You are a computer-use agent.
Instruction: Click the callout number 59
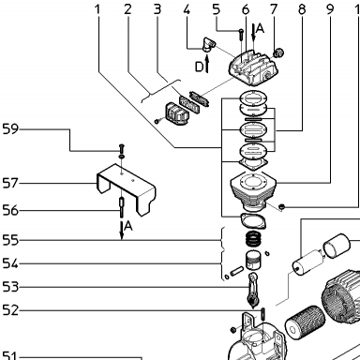tap(10, 129)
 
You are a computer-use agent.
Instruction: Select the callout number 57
tap(10, 183)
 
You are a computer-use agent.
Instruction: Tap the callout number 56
tap(10, 210)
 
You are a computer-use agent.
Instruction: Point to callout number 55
tap(10, 240)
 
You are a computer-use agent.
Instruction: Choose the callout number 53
tap(10, 287)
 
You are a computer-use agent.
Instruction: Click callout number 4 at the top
tap(187, 9)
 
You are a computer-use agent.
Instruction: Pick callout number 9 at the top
tap(330, 9)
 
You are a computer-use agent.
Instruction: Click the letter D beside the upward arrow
tap(199, 67)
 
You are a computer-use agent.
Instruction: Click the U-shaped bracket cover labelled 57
tap(127, 189)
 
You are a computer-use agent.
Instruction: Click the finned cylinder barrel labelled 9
tap(253, 191)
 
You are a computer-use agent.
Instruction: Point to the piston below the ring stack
tap(253, 261)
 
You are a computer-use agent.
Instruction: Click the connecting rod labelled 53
tap(253, 290)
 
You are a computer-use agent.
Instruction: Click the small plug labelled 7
tap(277, 52)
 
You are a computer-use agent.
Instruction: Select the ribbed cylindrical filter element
tap(305, 322)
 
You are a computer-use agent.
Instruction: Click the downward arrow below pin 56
tap(122, 231)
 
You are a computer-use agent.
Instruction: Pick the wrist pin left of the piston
tap(236, 271)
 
